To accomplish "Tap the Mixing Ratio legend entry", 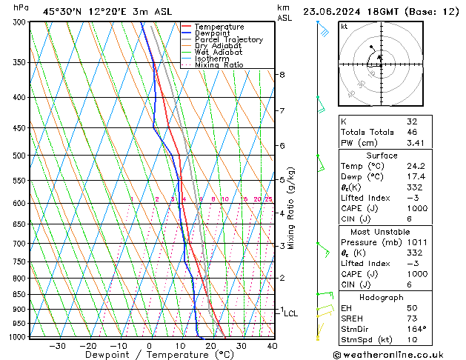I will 219,65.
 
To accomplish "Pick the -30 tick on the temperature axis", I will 57,345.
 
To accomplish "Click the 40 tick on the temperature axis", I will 272,345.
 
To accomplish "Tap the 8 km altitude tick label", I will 282,75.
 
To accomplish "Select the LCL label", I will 290,313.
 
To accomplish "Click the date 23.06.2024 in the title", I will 334,12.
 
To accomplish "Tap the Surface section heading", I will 382,156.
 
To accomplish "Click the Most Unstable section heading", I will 382,231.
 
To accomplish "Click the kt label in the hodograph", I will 344,27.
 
